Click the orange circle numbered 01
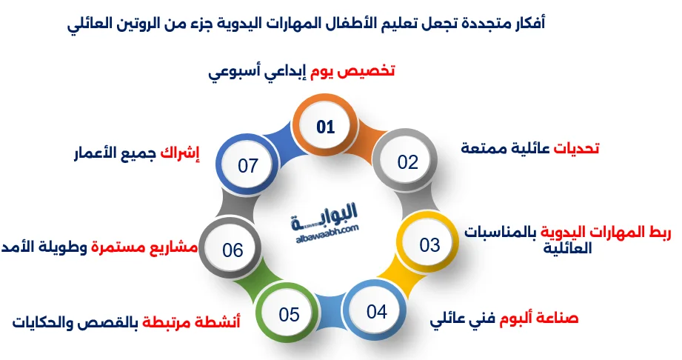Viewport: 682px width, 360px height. coord(326,127)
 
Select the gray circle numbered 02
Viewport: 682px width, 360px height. coord(407,162)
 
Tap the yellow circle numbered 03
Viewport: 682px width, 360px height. coord(429,244)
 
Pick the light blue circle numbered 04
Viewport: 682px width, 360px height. coord(377,311)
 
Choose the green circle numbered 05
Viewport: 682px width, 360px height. coord(288,314)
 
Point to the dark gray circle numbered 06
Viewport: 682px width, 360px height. coord(233,250)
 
